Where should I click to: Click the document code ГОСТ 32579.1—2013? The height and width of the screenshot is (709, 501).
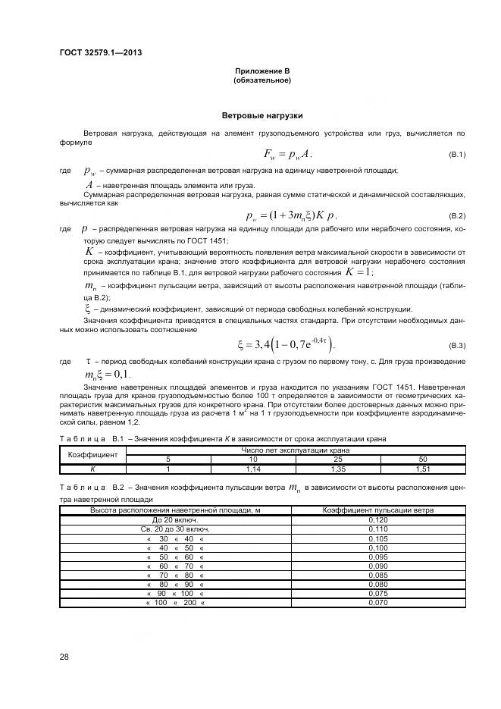(101, 52)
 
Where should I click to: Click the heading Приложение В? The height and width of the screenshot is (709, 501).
(262, 71)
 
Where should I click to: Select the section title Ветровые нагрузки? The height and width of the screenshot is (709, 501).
(262, 116)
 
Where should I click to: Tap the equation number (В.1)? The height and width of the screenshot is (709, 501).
(457, 155)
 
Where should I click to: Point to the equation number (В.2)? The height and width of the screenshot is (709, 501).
(457, 215)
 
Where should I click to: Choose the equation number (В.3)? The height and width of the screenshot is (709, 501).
(457, 346)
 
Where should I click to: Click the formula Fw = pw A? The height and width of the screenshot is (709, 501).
(288, 154)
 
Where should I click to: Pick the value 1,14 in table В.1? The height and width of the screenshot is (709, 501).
(253, 469)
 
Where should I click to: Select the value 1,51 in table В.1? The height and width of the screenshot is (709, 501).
(423, 469)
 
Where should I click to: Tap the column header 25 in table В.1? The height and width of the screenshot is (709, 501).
(338, 460)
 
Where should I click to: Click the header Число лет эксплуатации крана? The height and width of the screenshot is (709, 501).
(296, 450)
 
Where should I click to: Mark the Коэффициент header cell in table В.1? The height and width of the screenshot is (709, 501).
(92, 455)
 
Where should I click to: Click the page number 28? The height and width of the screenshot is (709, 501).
(64, 657)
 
